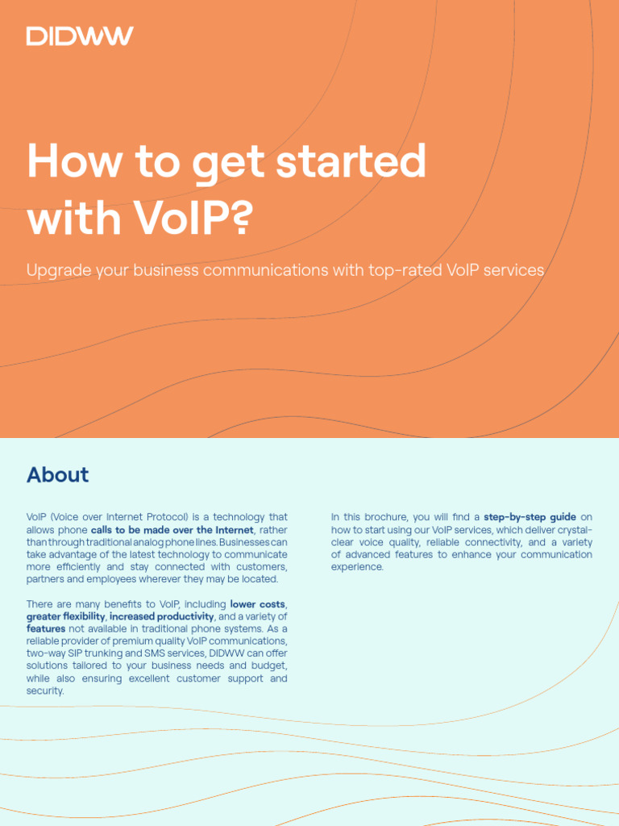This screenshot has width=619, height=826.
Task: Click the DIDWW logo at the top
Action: point(80,35)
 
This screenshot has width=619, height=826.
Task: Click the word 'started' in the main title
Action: point(351,161)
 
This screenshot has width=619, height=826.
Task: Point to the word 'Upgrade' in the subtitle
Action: point(58,270)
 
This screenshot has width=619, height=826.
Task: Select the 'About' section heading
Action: point(57,474)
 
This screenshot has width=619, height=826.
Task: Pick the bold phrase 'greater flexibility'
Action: point(66,617)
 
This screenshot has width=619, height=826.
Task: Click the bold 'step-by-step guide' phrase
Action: point(530,517)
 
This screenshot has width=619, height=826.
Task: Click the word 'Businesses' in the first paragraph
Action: point(255,542)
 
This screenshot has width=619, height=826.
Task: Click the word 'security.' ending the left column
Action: point(45,691)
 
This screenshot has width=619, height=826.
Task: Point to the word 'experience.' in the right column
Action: point(358,567)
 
